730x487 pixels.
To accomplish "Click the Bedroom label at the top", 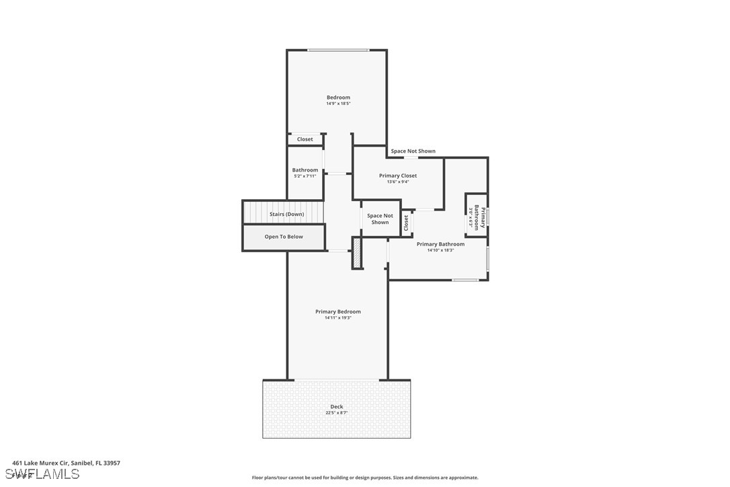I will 338,98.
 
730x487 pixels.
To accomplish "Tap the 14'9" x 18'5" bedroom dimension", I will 338,104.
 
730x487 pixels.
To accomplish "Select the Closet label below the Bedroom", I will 305,139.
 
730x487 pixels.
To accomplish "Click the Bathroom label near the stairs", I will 305,170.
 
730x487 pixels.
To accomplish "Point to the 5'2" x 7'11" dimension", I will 305,176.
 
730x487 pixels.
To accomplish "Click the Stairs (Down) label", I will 286,214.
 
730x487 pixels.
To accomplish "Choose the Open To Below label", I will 284,237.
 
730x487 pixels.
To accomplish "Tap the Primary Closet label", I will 398,176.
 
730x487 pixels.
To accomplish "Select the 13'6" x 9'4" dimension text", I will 398,182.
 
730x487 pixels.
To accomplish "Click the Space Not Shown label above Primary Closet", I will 413,151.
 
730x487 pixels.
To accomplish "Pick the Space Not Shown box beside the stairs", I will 380,219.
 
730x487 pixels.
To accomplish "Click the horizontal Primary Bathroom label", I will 440,244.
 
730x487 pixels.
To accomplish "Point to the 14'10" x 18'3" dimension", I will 440,250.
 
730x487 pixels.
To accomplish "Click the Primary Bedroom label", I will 338,311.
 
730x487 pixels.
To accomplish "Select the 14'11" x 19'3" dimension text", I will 338,317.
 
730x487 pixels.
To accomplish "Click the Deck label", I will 337,406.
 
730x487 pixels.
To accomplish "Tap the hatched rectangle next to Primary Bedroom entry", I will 358,254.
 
